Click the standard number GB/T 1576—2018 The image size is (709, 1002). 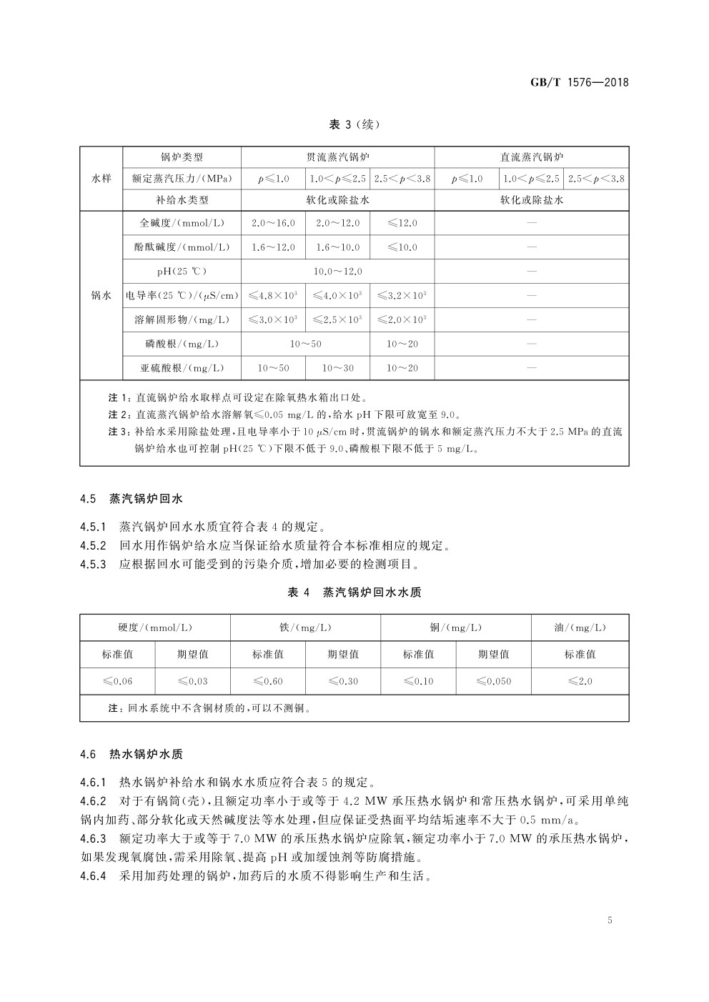point(579,82)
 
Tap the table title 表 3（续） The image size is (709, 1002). point(354,124)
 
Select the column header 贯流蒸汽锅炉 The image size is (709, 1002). point(337,157)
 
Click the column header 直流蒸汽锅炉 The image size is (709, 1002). point(532,157)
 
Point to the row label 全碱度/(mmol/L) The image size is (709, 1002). point(182,223)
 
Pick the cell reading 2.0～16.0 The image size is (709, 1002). point(273,223)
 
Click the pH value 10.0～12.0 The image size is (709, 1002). point(337,272)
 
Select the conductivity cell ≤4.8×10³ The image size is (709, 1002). point(273,295)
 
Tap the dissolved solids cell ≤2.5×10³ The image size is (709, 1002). point(337,319)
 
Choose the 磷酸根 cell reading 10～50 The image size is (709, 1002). point(305,344)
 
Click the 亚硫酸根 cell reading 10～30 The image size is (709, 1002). point(337,368)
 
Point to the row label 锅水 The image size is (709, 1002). point(101,295)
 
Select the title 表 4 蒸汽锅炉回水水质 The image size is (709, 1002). point(354,592)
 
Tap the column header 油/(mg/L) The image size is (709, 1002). point(580,628)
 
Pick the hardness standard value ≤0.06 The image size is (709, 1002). point(117,681)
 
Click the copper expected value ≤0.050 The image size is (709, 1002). point(493,681)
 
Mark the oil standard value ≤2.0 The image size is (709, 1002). point(580,681)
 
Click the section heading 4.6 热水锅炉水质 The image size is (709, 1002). point(137,754)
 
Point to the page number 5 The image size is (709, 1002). point(610,920)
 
